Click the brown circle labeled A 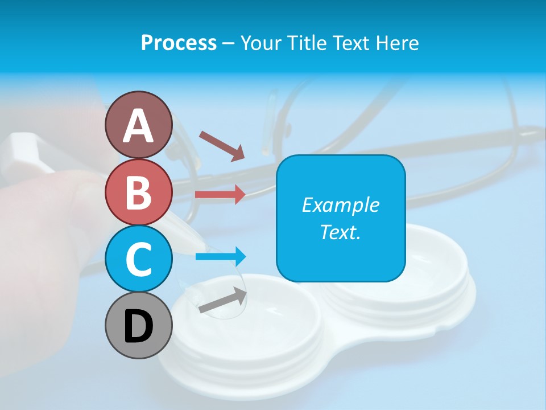[x=138, y=125]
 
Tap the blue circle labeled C [x=138, y=259]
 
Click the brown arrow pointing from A [x=222, y=146]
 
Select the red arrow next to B [x=220, y=195]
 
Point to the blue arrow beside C [x=221, y=257]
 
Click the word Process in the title [x=179, y=43]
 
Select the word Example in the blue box [x=340, y=205]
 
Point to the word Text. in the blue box [x=340, y=232]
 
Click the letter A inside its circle [x=138, y=126]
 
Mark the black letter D [x=138, y=326]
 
